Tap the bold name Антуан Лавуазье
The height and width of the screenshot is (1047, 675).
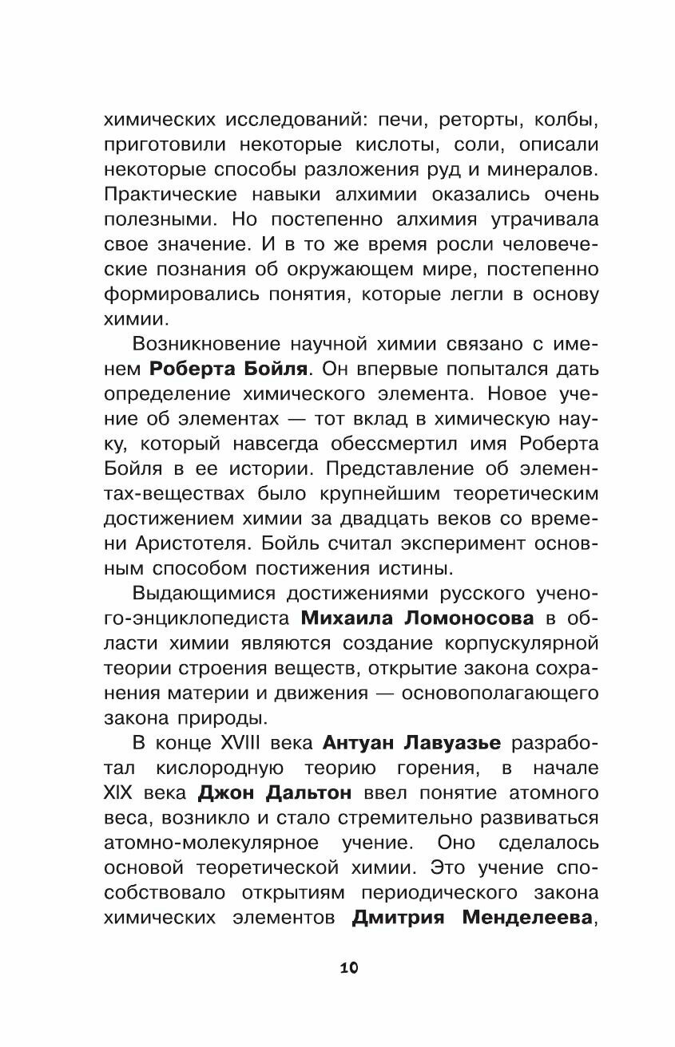[x=412, y=743]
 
